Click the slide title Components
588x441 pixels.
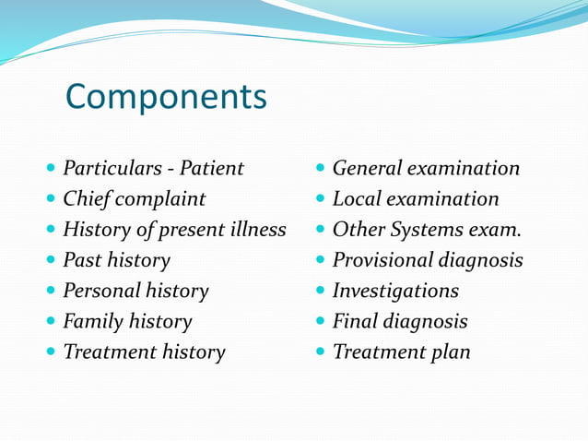tap(167, 96)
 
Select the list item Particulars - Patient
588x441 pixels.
tap(153, 169)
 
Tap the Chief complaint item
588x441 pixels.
tap(135, 199)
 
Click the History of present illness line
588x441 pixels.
tap(174, 230)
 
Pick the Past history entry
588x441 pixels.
tap(116, 260)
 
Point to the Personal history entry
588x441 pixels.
tap(135, 291)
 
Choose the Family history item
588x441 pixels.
tap(127, 321)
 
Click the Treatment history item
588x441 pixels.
tap(144, 352)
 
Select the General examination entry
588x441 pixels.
tap(426, 169)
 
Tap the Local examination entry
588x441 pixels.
tap(416, 199)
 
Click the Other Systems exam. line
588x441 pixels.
tap(420, 230)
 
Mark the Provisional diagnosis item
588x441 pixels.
tap(428, 260)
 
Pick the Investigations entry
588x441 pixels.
tap(395, 291)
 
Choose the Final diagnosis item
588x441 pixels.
tap(400, 321)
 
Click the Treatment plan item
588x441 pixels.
tap(401, 352)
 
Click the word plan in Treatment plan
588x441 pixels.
tap(449, 352)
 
